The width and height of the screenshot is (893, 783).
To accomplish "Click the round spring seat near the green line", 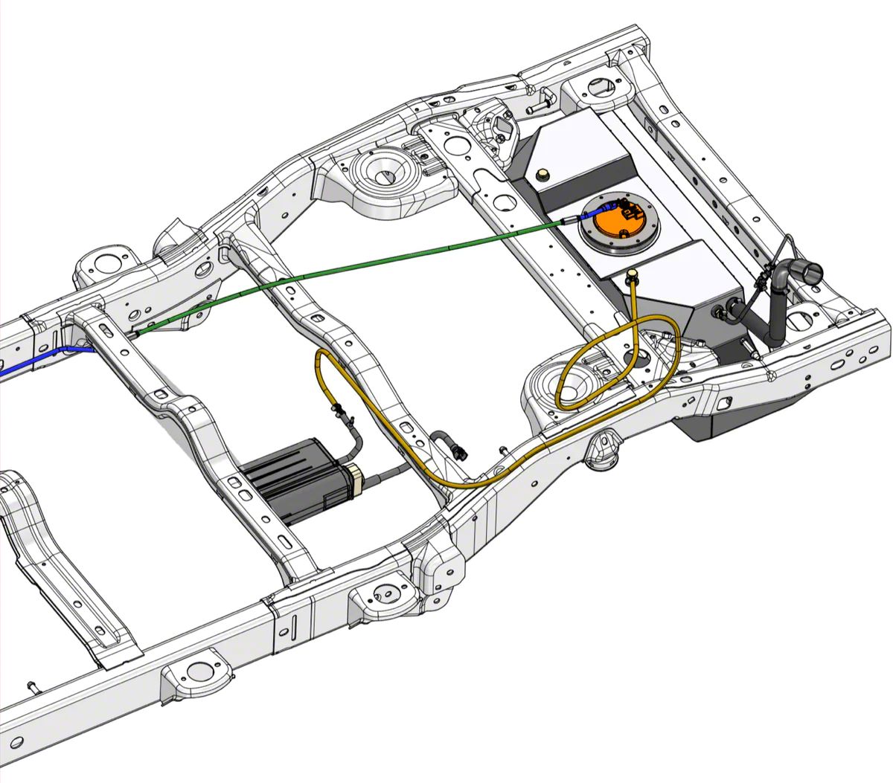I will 381,174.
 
